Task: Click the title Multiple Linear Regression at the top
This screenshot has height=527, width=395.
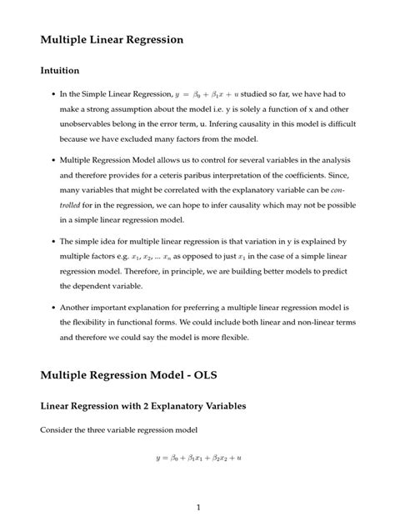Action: (x=111, y=38)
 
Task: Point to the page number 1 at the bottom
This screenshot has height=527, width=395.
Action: (x=197, y=507)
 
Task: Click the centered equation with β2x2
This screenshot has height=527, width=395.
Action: (x=197, y=457)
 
